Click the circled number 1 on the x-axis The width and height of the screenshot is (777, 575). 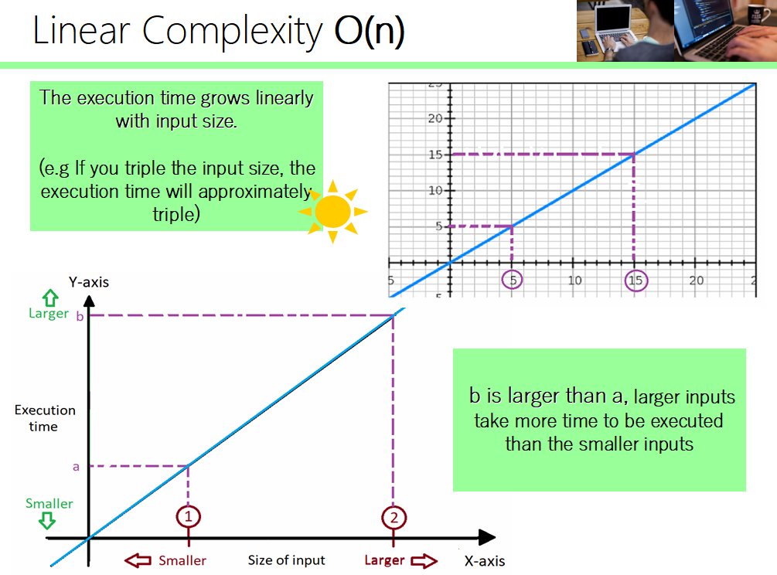click(x=188, y=515)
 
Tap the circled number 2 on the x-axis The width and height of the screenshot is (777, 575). click(x=394, y=516)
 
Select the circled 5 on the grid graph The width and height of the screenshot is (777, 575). click(x=512, y=280)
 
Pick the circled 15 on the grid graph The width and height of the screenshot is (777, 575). click(x=636, y=280)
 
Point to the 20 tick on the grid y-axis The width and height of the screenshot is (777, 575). click(x=435, y=118)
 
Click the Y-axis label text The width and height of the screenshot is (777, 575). click(x=89, y=282)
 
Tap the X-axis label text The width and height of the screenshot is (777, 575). click(x=486, y=561)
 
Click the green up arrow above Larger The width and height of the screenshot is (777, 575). click(x=50, y=297)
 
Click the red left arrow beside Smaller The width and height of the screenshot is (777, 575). click(x=138, y=560)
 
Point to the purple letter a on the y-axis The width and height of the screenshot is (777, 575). click(x=76, y=467)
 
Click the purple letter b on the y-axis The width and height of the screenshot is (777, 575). click(x=79, y=315)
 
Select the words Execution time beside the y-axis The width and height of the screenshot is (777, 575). click(x=45, y=418)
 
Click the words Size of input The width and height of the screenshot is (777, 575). click(x=286, y=560)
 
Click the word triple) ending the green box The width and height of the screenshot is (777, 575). click(x=176, y=214)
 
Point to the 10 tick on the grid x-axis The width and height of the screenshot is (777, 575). click(x=574, y=280)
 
